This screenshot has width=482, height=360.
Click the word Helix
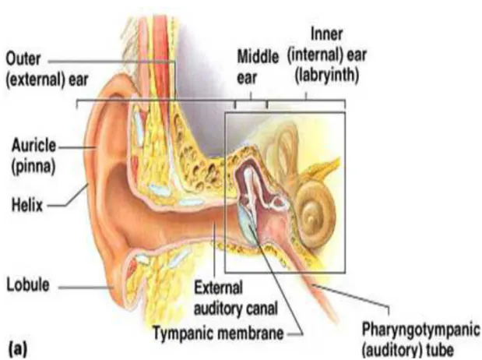27,205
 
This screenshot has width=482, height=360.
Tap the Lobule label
28,284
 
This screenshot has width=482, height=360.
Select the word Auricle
33,146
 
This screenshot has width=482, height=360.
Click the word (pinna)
33,167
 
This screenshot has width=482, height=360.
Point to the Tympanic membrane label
218,333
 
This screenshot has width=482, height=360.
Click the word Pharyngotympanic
420,330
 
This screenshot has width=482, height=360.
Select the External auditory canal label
236,298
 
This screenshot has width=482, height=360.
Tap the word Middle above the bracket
258,57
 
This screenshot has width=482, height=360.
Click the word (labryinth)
327,76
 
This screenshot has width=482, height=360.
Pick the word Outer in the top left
23,58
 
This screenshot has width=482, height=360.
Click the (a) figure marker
18,349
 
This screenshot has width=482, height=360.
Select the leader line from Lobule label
86,288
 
